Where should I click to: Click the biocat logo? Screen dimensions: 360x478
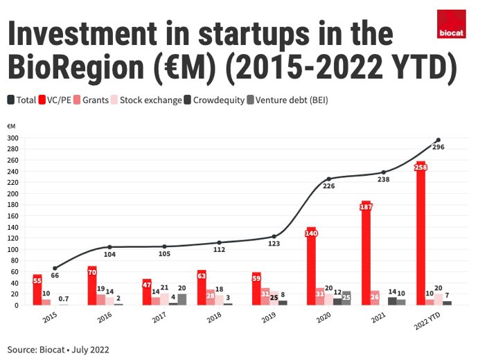[x=451, y=24]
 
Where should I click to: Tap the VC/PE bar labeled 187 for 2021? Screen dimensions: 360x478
[x=366, y=253]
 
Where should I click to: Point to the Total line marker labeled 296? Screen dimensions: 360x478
[x=438, y=140]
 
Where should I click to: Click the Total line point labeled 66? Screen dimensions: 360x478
[x=55, y=268]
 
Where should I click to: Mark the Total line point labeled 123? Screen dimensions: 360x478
[x=274, y=237]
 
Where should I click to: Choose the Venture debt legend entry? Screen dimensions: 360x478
[x=290, y=100]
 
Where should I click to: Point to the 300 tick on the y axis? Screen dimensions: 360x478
[x=13, y=138]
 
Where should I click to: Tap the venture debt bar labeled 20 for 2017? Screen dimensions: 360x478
[x=182, y=299]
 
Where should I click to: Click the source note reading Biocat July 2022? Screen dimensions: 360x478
[x=59, y=350]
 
